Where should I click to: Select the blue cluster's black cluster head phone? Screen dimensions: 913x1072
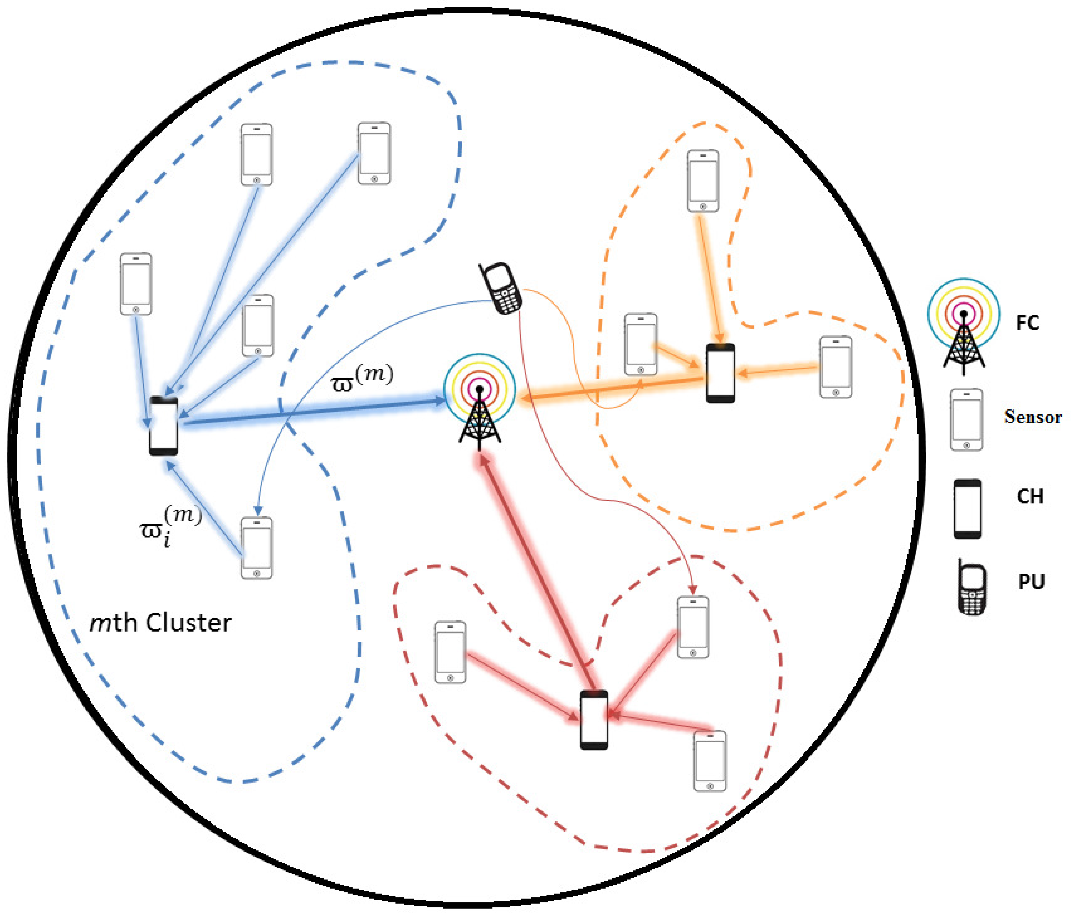click(x=164, y=426)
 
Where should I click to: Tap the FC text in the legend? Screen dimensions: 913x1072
click(x=1027, y=323)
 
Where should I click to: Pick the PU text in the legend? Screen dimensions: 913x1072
click(x=1031, y=582)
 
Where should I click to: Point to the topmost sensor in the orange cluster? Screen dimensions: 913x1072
click(x=702, y=181)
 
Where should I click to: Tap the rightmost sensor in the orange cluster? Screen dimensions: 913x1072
click(x=836, y=367)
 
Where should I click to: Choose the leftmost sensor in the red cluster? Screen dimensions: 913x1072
click(x=450, y=652)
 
